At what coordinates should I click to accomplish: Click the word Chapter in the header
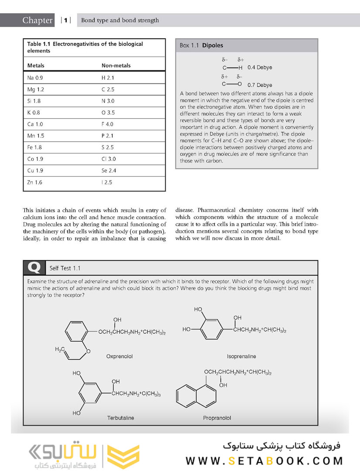coord(37,20)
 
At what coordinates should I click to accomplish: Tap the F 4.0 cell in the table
coord(107,124)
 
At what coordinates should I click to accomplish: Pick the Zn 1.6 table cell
coord(35,182)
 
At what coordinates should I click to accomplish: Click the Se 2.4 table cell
coord(109,171)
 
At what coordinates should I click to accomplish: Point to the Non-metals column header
coord(116,66)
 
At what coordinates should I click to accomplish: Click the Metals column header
coord(36,66)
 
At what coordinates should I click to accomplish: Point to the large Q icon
coord(34,267)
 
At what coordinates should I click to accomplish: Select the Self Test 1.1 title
coord(65,268)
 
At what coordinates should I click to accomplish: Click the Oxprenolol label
coord(119,356)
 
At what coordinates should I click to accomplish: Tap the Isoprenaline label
coord(241,356)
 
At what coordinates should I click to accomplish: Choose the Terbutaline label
coord(121,418)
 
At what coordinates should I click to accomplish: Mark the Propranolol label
coord(217,418)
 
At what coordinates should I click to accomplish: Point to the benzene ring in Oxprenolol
coord(79,333)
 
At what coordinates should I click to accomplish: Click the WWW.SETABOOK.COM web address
coord(264,461)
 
